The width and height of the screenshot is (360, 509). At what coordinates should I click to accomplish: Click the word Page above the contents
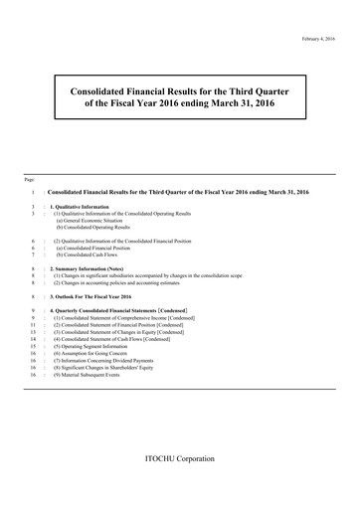pyautogui.click(x=32, y=178)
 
